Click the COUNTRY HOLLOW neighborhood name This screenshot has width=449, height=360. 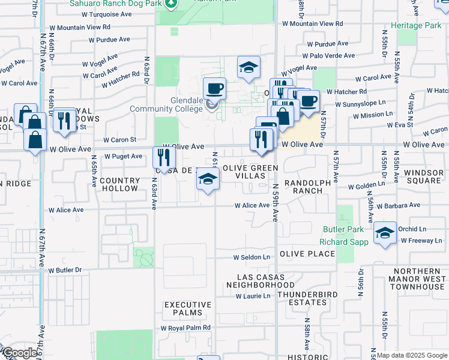119,184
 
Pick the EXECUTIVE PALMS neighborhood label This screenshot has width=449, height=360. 188,309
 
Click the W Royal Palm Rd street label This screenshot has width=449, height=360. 185,328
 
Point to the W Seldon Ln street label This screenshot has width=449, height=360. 252,257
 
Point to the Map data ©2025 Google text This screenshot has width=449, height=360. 412,355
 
